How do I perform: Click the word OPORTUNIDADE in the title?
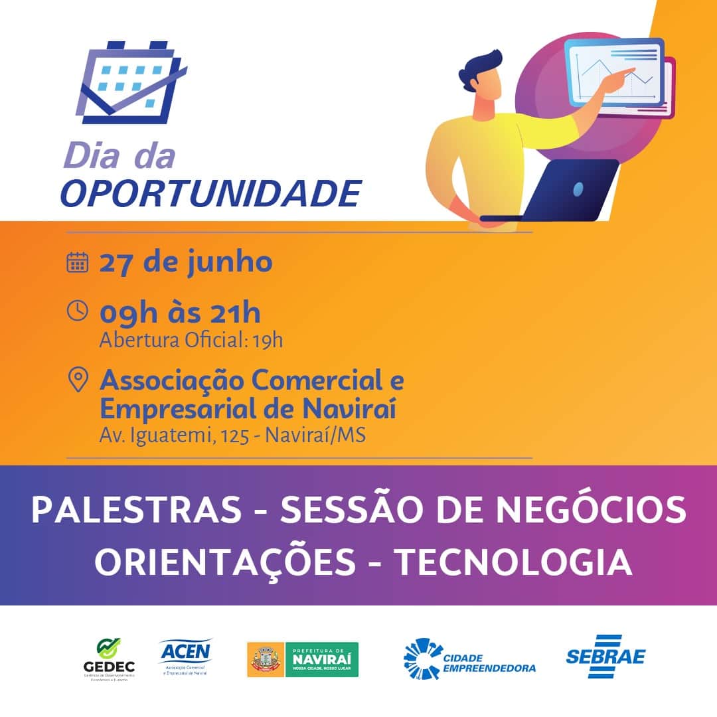(x=210, y=193)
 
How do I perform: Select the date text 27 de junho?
(x=186, y=262)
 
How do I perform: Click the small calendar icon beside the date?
(x=78, y=262)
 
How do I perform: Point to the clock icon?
(x=78, y=311)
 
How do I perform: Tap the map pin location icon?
(x=78, y=380)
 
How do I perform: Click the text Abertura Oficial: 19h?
(x=191, y=341)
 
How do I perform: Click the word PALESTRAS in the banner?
(x=137, y=510)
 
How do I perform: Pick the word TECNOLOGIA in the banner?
(x=514, y=562)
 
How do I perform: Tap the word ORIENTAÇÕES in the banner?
(x=225, y=562)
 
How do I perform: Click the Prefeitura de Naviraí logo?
(x=303, y=659)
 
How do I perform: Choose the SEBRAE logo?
(x=605, y=657)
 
